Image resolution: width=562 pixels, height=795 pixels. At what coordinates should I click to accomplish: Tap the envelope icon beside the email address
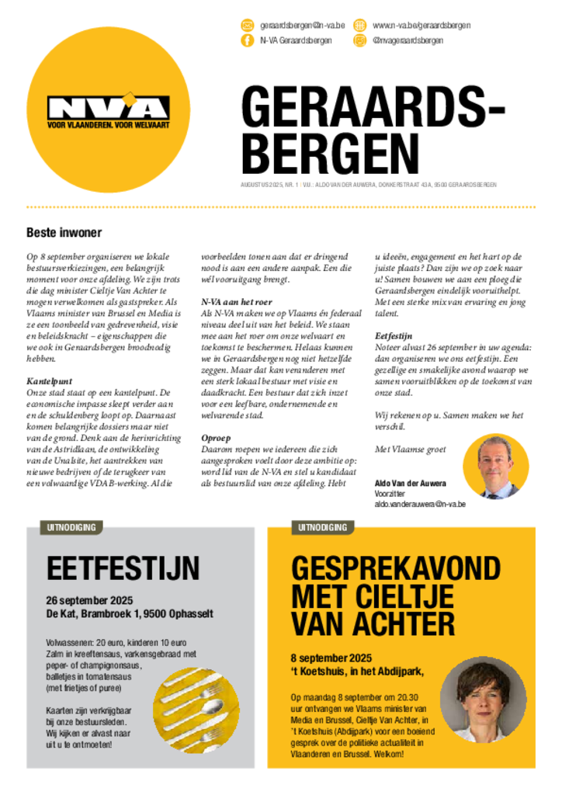coord(248,26)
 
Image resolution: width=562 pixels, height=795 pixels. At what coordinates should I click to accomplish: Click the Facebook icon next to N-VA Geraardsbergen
coord(248,40)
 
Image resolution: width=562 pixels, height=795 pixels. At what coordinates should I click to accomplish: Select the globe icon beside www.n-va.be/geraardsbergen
coord(359,26)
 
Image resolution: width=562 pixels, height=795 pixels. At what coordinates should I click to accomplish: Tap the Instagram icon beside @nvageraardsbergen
coord(359,40)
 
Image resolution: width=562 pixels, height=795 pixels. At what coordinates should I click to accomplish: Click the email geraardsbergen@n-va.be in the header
coord(302,26)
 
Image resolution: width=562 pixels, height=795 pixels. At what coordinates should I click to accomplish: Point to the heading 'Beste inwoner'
coord(64,232)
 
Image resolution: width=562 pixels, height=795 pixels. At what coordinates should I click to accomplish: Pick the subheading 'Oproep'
coord(216,438)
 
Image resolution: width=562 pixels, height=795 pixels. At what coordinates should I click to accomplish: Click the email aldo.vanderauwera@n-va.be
coord(420,504)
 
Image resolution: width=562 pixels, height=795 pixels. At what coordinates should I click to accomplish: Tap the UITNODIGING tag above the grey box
coord(71,528)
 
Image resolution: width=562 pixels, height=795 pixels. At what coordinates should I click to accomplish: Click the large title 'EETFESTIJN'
coord(123,568)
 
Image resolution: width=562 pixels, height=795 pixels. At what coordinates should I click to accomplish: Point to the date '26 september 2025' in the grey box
coord(89,601)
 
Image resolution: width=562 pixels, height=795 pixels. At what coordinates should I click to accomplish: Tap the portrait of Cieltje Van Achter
coord(482,700)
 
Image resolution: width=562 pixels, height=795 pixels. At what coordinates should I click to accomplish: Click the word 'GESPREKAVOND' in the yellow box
coord(396,568)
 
